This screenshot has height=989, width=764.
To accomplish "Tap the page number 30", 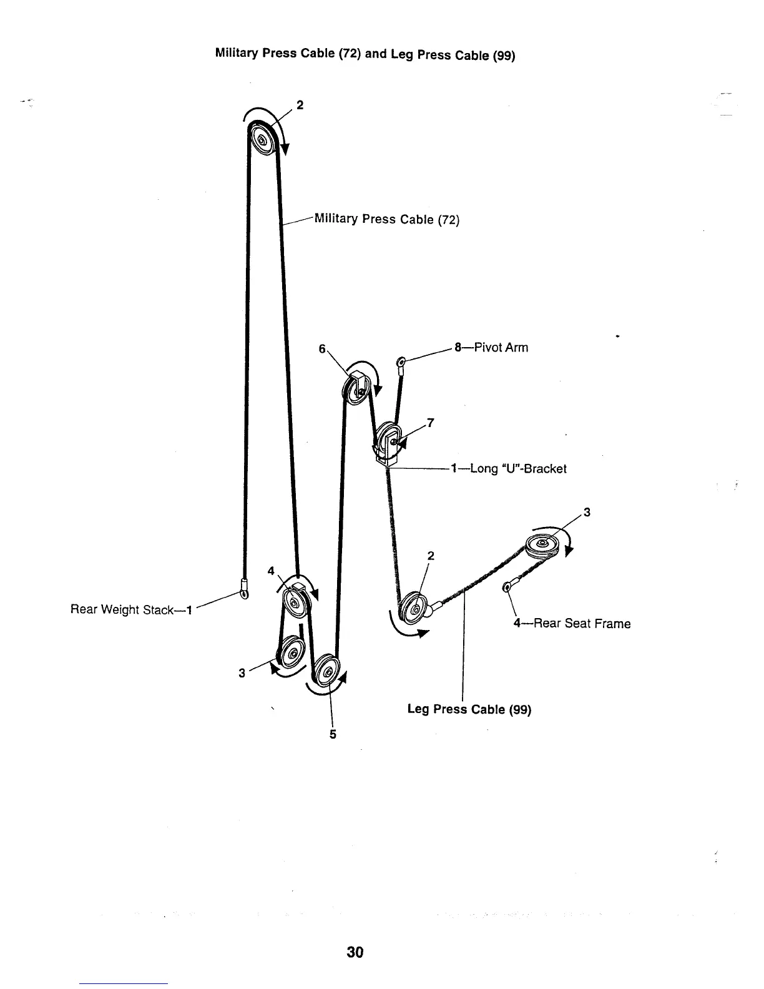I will [355, 952].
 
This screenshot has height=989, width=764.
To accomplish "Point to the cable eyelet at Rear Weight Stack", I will [243, 588].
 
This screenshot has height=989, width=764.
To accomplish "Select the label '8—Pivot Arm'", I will [491, 348].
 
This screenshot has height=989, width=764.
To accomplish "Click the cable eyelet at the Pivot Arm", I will [401, 362].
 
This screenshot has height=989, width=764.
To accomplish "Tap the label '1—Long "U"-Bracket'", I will [508, 468].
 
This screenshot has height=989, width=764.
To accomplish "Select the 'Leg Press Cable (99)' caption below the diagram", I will [469, 710].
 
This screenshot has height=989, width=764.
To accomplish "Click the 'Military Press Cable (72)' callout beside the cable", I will [387, 219].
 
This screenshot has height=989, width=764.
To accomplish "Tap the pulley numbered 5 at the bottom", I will [326, 673].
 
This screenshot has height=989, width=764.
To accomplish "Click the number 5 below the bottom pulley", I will [333, 734].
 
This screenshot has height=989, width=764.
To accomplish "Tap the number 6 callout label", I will [322, 350].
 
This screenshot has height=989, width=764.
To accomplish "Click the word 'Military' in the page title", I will [237, 52].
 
